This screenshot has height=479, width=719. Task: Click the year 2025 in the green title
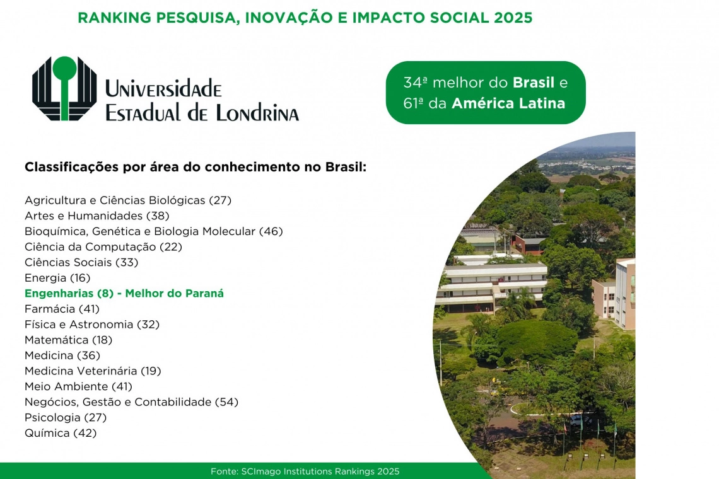coord(513,18)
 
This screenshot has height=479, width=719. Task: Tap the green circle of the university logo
coord(64,67)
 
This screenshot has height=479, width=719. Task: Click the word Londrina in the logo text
coord(257,113)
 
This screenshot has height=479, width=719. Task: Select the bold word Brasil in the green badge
coord(534,83)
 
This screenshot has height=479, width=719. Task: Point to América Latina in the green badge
coord(508,103)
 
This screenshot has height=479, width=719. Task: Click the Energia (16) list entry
coord(57,278)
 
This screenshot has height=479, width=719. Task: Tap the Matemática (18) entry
coord(68,340)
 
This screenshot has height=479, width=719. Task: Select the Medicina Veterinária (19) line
coord(93,371)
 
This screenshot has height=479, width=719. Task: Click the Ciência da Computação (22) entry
coord(103,247)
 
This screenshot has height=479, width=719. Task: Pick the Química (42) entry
coord(61,433)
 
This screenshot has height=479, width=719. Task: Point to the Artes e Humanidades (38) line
coord(96,216)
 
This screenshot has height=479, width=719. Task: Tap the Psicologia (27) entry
coord(66,418)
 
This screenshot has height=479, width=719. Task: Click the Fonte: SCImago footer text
coord(305,471)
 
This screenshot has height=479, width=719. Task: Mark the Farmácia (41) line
coord(62,309)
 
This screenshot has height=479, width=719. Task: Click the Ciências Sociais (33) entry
coord(81,262)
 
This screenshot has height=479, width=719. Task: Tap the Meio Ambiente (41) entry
coord(78,386)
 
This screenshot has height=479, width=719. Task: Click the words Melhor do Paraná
coord(174,293)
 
